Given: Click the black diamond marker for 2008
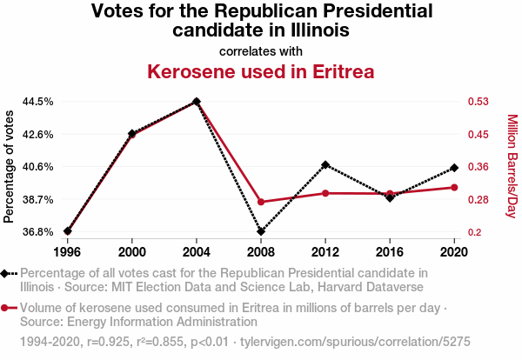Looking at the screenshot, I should tap(261, 231).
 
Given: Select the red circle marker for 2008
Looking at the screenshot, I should tap(261, 202).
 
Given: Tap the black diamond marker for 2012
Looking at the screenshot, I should tap(325, 164).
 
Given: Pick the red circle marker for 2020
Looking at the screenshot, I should tap(454, 187).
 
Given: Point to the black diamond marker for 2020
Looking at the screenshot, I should tap(454, 168).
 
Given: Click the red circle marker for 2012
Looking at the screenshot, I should tap(325, 193).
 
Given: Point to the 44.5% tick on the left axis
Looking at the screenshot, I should tap(38, 102).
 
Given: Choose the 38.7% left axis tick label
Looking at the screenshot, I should tap(38, 200).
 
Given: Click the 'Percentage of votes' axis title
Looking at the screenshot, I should tap(10, 166).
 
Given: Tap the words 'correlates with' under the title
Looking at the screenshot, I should tap(261, 50).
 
